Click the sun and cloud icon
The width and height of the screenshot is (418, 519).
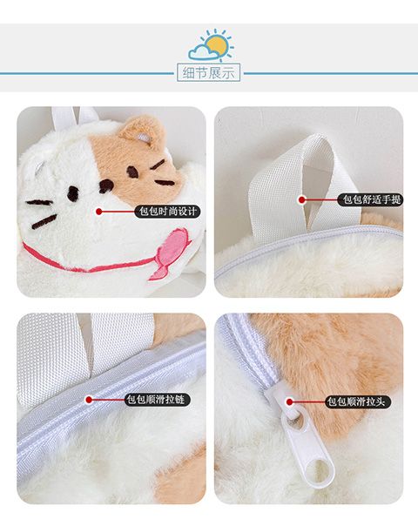coord(211,44)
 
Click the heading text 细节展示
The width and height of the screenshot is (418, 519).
coord(208,72)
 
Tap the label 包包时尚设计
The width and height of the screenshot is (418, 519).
coord(168,212)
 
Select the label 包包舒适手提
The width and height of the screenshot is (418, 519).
coord(370,199)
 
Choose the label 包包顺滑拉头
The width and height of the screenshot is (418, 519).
coord(358,401)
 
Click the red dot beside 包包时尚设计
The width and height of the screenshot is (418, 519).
coord(98,212)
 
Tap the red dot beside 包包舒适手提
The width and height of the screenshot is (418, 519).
coord(301,199)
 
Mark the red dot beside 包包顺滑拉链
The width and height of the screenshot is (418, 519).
coord(89,400)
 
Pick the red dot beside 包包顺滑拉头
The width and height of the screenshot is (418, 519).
coord(290,401)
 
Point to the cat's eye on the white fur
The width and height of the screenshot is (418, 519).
coord(73,193)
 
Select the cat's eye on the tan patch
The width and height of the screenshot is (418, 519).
coord(132,172)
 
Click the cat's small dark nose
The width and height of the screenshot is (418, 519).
coord(106,186)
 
